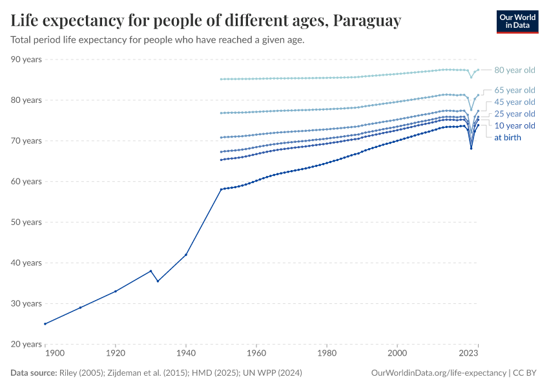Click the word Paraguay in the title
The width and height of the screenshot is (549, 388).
coord(367,21)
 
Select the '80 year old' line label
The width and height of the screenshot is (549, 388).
coord(514,70)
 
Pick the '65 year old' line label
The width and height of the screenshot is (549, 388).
coord(514,90)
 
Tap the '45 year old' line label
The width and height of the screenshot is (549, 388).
coord(514,102)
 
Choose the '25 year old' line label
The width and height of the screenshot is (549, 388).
coord(514,114)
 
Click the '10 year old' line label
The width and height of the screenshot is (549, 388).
coord(514,125)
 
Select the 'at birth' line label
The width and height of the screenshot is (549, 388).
coord(507,137)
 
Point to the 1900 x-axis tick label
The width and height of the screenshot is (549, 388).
coord(54,354)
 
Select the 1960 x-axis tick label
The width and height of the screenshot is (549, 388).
coord(256,354)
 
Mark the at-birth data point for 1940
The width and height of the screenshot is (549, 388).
coord(186,254)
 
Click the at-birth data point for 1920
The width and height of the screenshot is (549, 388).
coord(116,291)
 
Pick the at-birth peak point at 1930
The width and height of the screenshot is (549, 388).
coord(150,271)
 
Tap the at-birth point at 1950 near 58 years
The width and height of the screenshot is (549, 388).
coord(221,189)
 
